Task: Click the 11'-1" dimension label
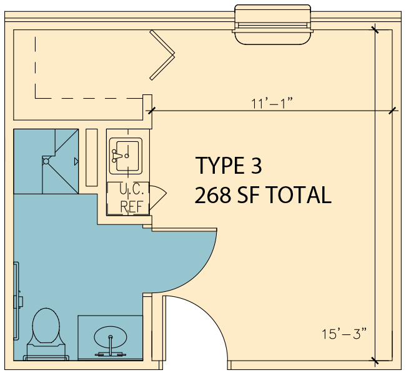[272, 103]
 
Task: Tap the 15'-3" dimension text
[344, 334]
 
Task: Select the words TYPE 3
[229, 166]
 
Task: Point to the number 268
[212, 195]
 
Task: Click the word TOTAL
[299, 195]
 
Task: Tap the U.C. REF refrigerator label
[131, 198]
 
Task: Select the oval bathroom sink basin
[111, 337]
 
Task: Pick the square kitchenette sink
[126, 156]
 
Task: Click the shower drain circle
[46, 161]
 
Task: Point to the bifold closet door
[162, 55]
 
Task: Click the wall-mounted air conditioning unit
[273, 24]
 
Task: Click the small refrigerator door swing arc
[158, 197]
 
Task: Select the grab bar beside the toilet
[17, 301]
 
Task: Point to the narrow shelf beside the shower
[92, 157]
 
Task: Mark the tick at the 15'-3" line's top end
[375, 30]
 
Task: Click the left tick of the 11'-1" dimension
[152, 111]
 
